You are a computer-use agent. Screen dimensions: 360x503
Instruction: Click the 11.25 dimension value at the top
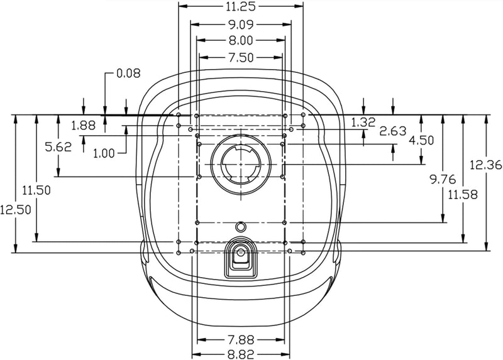(x=241, y=7)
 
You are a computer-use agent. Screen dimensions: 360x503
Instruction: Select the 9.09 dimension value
(x=241, y=26)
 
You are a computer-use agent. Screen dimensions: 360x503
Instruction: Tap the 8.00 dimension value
(x=241, y=41)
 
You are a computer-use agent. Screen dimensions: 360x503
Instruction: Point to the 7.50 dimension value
(x=241, y=57)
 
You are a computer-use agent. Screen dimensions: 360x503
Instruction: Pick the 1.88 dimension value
(x=83, y=125)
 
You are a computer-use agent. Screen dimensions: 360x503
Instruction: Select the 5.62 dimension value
(x=58, y=146)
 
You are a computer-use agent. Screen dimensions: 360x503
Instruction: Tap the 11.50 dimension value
(x=36, y=189)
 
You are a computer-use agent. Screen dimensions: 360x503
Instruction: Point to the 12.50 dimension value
(x=15, y=210)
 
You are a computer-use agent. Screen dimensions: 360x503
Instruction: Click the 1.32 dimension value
(x=364, y=121)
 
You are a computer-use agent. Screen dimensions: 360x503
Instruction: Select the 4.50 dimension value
(x=422, y=141)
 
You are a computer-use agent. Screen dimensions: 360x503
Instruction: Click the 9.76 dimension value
(x=443, y=180)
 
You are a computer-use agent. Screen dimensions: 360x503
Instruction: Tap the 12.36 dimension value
(x=485, y=165)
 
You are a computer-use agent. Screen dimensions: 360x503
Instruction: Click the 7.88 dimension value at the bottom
(x=241, y=340)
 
